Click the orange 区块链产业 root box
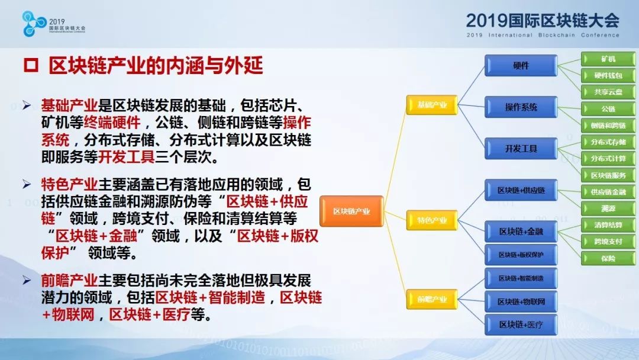tap(351, 211)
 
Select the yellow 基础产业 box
tap(432, 105)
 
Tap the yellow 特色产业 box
tap(432, 220)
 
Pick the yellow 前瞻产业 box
tap(432, 299)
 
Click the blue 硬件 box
tap(521, 66)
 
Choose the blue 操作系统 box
tap(521, 107)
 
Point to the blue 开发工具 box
tap(521, 149)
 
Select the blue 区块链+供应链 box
tap(521, 190)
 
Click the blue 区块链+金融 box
tap(521, 232)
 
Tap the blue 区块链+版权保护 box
tap(521, 255)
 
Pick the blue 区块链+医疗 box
tap(521, 324)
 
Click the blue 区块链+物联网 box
tap(521, 302)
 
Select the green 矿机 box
tap(608, 59)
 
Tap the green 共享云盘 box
tap(608, 92)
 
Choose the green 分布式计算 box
tap(608, 159)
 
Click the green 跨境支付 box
tap(608, 242)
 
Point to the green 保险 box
tap(608, 258)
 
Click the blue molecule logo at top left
tap(34, 24)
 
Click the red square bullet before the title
tap(31, 66)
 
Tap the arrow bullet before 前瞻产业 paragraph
tap(27, 280)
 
